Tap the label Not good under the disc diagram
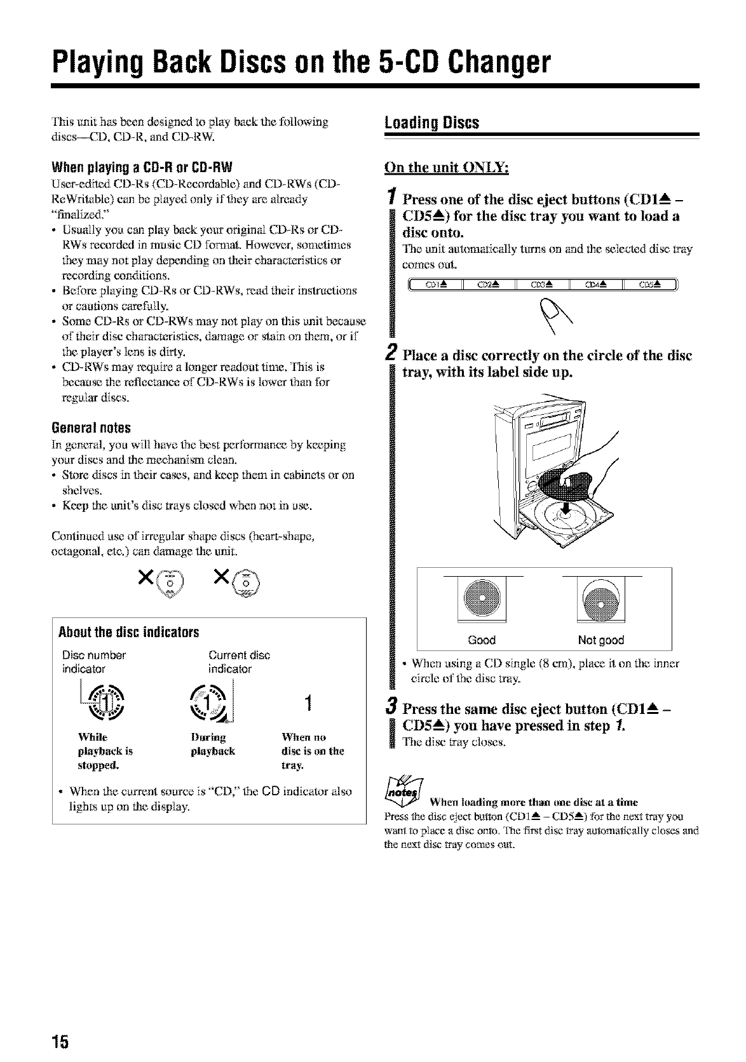tap(601, 640)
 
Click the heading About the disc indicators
tap(129, 633)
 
